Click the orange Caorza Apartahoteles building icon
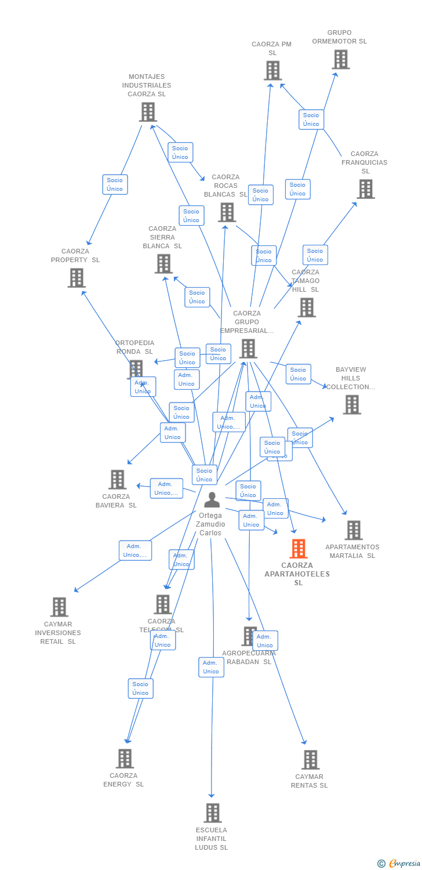click(299, 548)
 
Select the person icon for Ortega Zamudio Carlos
click(212, 499)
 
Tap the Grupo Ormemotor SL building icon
click(340, 59)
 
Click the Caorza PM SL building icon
click(272, 71)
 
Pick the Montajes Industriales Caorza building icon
click(148, 112)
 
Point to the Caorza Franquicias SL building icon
click(365, 189)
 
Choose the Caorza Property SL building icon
click(77, 278)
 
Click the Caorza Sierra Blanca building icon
click(163, 264)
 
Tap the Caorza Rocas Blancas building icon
click(227, 212)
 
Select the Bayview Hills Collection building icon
click(352, 405)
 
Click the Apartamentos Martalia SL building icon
click(354, 530)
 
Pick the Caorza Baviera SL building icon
click(118, 480)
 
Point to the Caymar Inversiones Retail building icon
click(59, 607)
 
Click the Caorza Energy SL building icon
click(125, 759)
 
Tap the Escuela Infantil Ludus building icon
click(213, 813)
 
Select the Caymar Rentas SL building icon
click(311, 760)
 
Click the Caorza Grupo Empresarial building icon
click(248, 349)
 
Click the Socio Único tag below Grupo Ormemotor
click(311, 119)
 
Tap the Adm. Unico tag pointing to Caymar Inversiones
click(135, 550)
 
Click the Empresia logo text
click(405, 864)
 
